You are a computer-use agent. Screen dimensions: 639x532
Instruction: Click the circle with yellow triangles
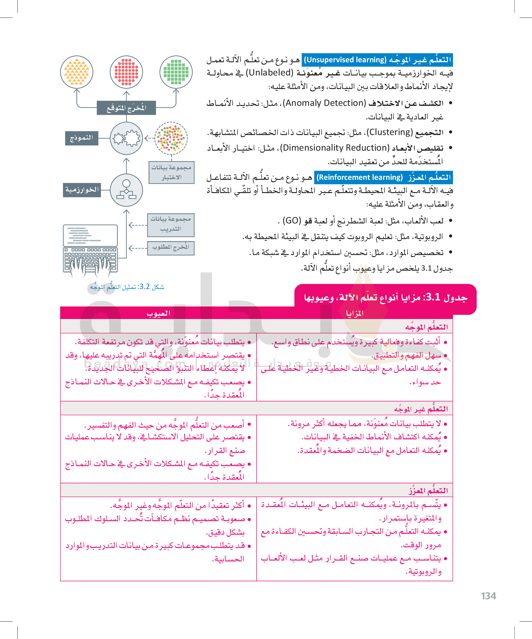click(x=76, y=72)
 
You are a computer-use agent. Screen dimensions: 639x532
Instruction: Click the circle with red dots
click(x=126, y=72)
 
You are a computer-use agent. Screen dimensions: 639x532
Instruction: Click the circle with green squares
click(x=176, y=72)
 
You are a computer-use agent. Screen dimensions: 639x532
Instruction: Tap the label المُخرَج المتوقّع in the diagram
click(x=126, y=108)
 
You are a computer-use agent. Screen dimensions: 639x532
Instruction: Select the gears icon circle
click(x=126, y=138)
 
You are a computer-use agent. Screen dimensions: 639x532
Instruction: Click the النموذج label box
click(x=81, y=138)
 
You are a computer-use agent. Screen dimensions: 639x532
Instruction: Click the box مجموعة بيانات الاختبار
click(x=172, y=173)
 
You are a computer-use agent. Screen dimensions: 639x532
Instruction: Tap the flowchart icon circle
click(x=126, y=190)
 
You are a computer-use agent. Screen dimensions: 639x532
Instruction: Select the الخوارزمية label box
click(x=82, y=190)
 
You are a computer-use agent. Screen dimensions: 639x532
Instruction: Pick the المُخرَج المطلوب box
click(x=171, y=248)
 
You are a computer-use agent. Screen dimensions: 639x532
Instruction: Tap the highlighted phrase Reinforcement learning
click(x=359, y=177)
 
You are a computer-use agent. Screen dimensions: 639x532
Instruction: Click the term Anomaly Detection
click(x=324, y=103)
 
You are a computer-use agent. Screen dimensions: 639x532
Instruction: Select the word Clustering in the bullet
click(x=389, y=132)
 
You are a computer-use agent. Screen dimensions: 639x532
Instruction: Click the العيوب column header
click(x=158, y=313)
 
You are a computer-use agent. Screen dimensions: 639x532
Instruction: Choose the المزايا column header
click(x=354, y=313)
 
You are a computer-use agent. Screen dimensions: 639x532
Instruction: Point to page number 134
click(x=488, y=596)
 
